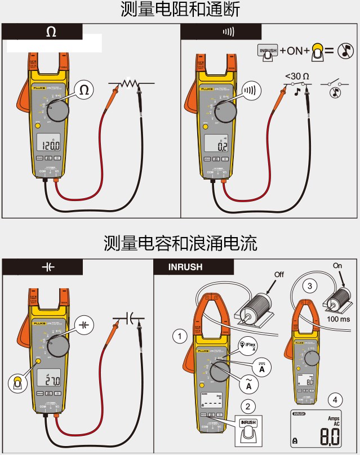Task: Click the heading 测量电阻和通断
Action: coord(180,10)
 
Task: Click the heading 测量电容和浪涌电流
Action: coord(180,243)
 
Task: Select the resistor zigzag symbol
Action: coord(129,83)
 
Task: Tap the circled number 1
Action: coord(179,336)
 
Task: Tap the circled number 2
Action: coord(246,405)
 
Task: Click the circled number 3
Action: coord(309,286)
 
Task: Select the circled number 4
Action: coord(336,400)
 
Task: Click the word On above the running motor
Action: coord(337,265)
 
